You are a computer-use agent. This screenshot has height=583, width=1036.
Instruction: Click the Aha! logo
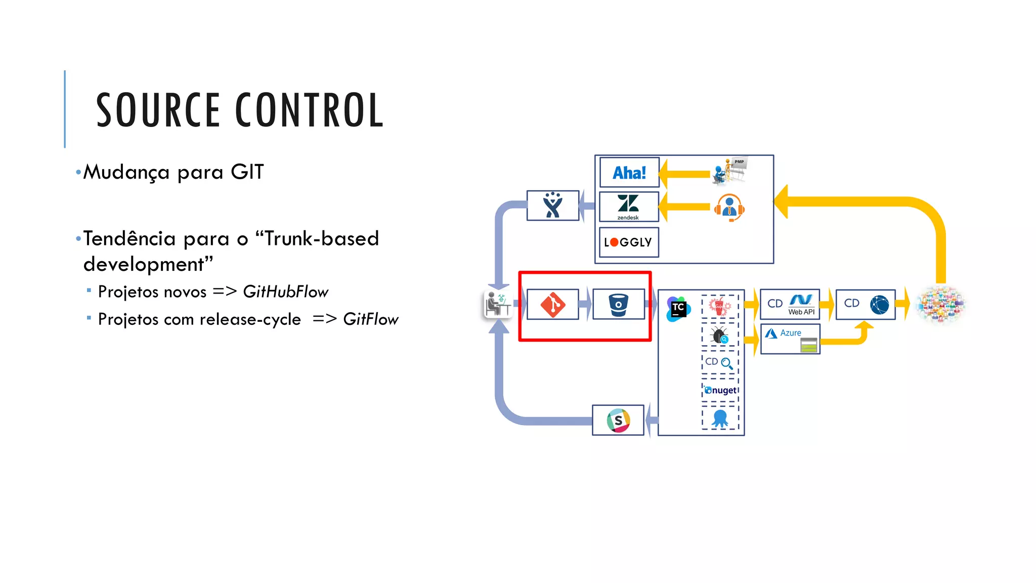point(629,173)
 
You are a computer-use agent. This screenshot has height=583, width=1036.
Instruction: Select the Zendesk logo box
point(629,206)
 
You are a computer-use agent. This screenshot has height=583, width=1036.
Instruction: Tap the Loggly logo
point(628,242)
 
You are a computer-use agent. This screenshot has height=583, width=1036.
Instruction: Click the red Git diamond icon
point(552,305)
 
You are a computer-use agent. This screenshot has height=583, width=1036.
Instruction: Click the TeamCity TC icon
point(678,308)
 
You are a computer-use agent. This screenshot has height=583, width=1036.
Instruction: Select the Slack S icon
point(618,420)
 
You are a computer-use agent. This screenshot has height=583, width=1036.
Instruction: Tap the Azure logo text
point(790,333)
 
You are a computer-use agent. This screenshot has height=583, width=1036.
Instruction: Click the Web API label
point(801,312)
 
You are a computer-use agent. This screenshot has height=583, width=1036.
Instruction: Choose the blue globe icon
point(880,305)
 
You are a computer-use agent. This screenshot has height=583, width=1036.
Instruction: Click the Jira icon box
point(553,205)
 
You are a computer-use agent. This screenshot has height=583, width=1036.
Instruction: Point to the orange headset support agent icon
point(729,207)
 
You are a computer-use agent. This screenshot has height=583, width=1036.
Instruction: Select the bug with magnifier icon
point(719,336)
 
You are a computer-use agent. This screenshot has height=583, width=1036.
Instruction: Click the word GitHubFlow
point(285,292)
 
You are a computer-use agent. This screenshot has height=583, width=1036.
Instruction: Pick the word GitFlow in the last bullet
point(370,319)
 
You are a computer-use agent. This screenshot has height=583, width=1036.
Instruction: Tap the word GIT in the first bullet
point(247,172)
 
